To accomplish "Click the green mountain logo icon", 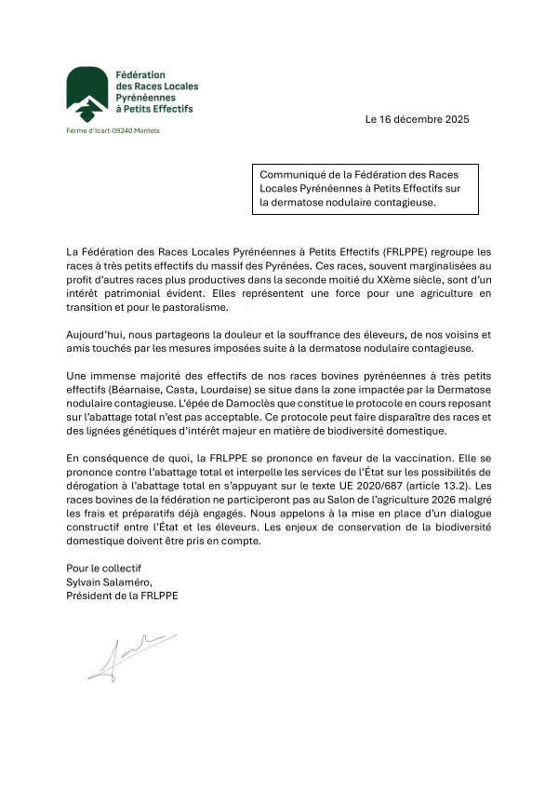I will point(86,96).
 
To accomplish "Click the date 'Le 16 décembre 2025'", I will point(418,120).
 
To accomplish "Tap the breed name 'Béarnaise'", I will point(137,388).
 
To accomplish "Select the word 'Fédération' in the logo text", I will point(140,74).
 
